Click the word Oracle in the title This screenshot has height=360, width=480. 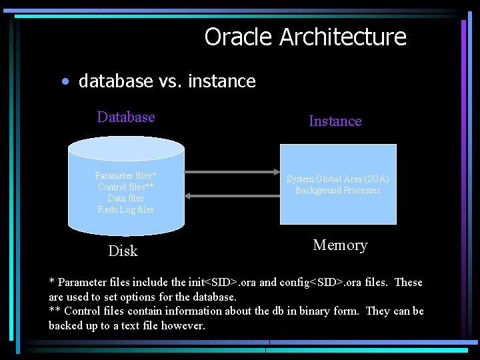pyautogui.click(x=239, y=37)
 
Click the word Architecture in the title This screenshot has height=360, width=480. pyautogui.click(x=343, y=37)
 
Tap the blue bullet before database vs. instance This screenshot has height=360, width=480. pyautogui.click(x=64, y=82)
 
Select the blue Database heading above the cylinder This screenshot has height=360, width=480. pyautogui.click(x=126, y=117)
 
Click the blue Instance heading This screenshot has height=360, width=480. pyautogui.click(x=335, y=121)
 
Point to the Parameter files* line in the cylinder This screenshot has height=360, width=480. pyautogui.click(x=125, y=176)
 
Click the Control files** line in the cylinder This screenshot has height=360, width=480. pyautogui.click(x=125, y=187)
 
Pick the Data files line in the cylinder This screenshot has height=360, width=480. pyautogui.click(x=125, y=199)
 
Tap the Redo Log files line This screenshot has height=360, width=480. pyautogui.click(x=125, y=210)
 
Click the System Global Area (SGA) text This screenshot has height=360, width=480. pyautogui.click(x=338, y=179)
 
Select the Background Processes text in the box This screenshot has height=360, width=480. pyautogui.click(x=338, y=191)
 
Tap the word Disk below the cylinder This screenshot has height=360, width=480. pyautogui.click(x=123, y=251)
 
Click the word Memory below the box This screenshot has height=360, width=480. pyautogui.click(x=340, y=245)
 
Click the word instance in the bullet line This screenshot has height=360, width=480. pyautogui.click(x=222, y=81)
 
